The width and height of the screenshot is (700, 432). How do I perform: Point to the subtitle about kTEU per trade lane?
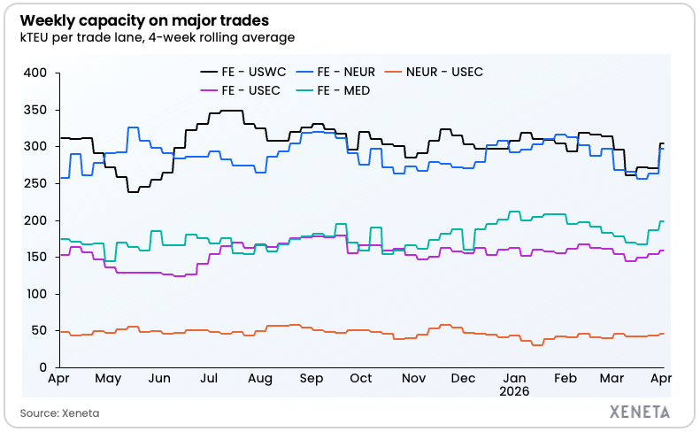157,37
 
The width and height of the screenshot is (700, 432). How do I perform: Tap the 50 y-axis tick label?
36,330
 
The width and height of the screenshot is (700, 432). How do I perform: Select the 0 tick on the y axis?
41,367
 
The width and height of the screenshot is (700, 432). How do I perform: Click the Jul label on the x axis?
210,378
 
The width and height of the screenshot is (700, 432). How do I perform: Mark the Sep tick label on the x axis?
311,378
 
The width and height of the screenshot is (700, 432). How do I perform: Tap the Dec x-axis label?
463,378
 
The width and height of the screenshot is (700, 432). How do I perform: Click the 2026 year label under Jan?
514,390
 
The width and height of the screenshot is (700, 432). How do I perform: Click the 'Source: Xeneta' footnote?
56,413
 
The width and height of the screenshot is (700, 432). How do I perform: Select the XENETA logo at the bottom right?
640,412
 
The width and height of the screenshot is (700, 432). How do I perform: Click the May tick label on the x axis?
108,378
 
